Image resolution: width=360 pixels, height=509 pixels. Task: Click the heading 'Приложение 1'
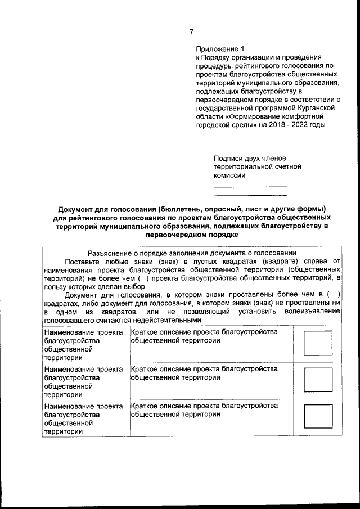[x=220, y=49]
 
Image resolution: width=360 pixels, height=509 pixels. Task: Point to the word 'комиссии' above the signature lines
[x=229, y=175]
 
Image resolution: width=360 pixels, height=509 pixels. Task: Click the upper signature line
[x=250, y=186]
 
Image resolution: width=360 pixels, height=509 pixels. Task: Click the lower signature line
[x=250, y=195]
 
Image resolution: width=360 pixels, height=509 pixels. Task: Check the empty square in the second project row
[x=318, y=381]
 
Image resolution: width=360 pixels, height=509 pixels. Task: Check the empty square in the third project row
[x=318, y=417]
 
